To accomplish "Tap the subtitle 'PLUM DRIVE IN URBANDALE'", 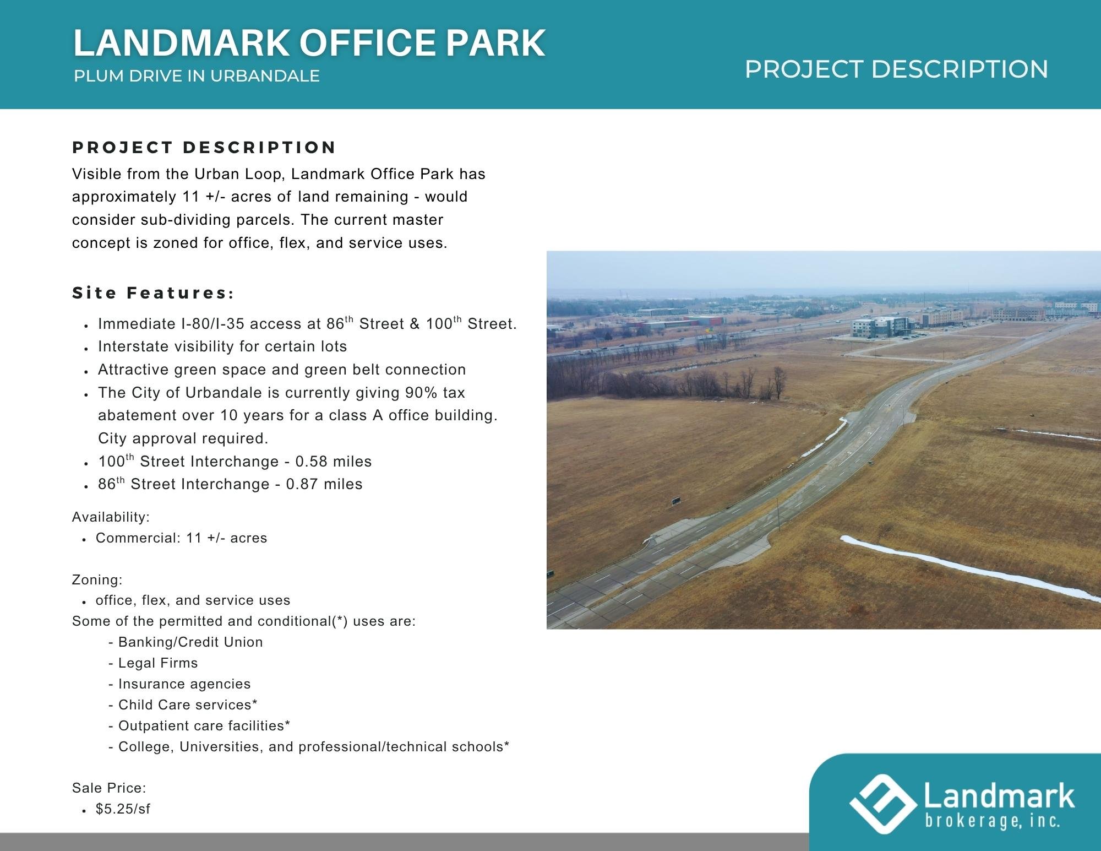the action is pos(197,76).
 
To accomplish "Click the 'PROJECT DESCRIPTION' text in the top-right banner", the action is pos(896,69).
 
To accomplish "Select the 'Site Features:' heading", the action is pos(153,293).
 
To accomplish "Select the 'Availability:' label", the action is pos(111,517).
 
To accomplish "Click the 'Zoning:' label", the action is pos(97,580).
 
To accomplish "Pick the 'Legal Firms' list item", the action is pos(158,663).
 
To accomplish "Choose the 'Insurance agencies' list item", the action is pos(184,684).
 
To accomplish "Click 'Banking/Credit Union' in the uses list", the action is pos(190,642).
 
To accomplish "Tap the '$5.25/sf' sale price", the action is pos(123,809).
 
